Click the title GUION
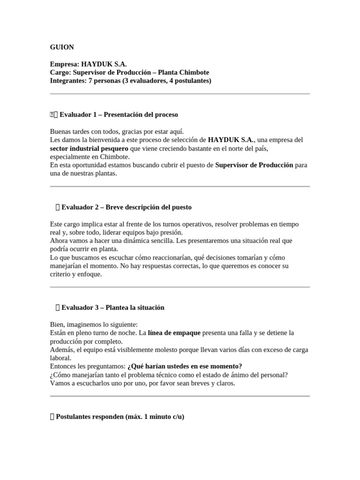click(x=62, y=47)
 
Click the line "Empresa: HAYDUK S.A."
click(x=88, y=64)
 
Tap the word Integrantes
click(x=68, y=81)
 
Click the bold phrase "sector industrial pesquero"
click(x=89, y=148)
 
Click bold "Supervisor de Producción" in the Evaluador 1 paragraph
click(x=254, y=165)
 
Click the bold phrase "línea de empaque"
click(x=174, y=333)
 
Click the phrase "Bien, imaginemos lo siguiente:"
click(x=94, y=324)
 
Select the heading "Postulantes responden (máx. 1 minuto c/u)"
click(x=120, y=416)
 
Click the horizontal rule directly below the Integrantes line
click(x=180, y=94)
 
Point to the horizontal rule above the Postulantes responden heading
click(x=180, y=396)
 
